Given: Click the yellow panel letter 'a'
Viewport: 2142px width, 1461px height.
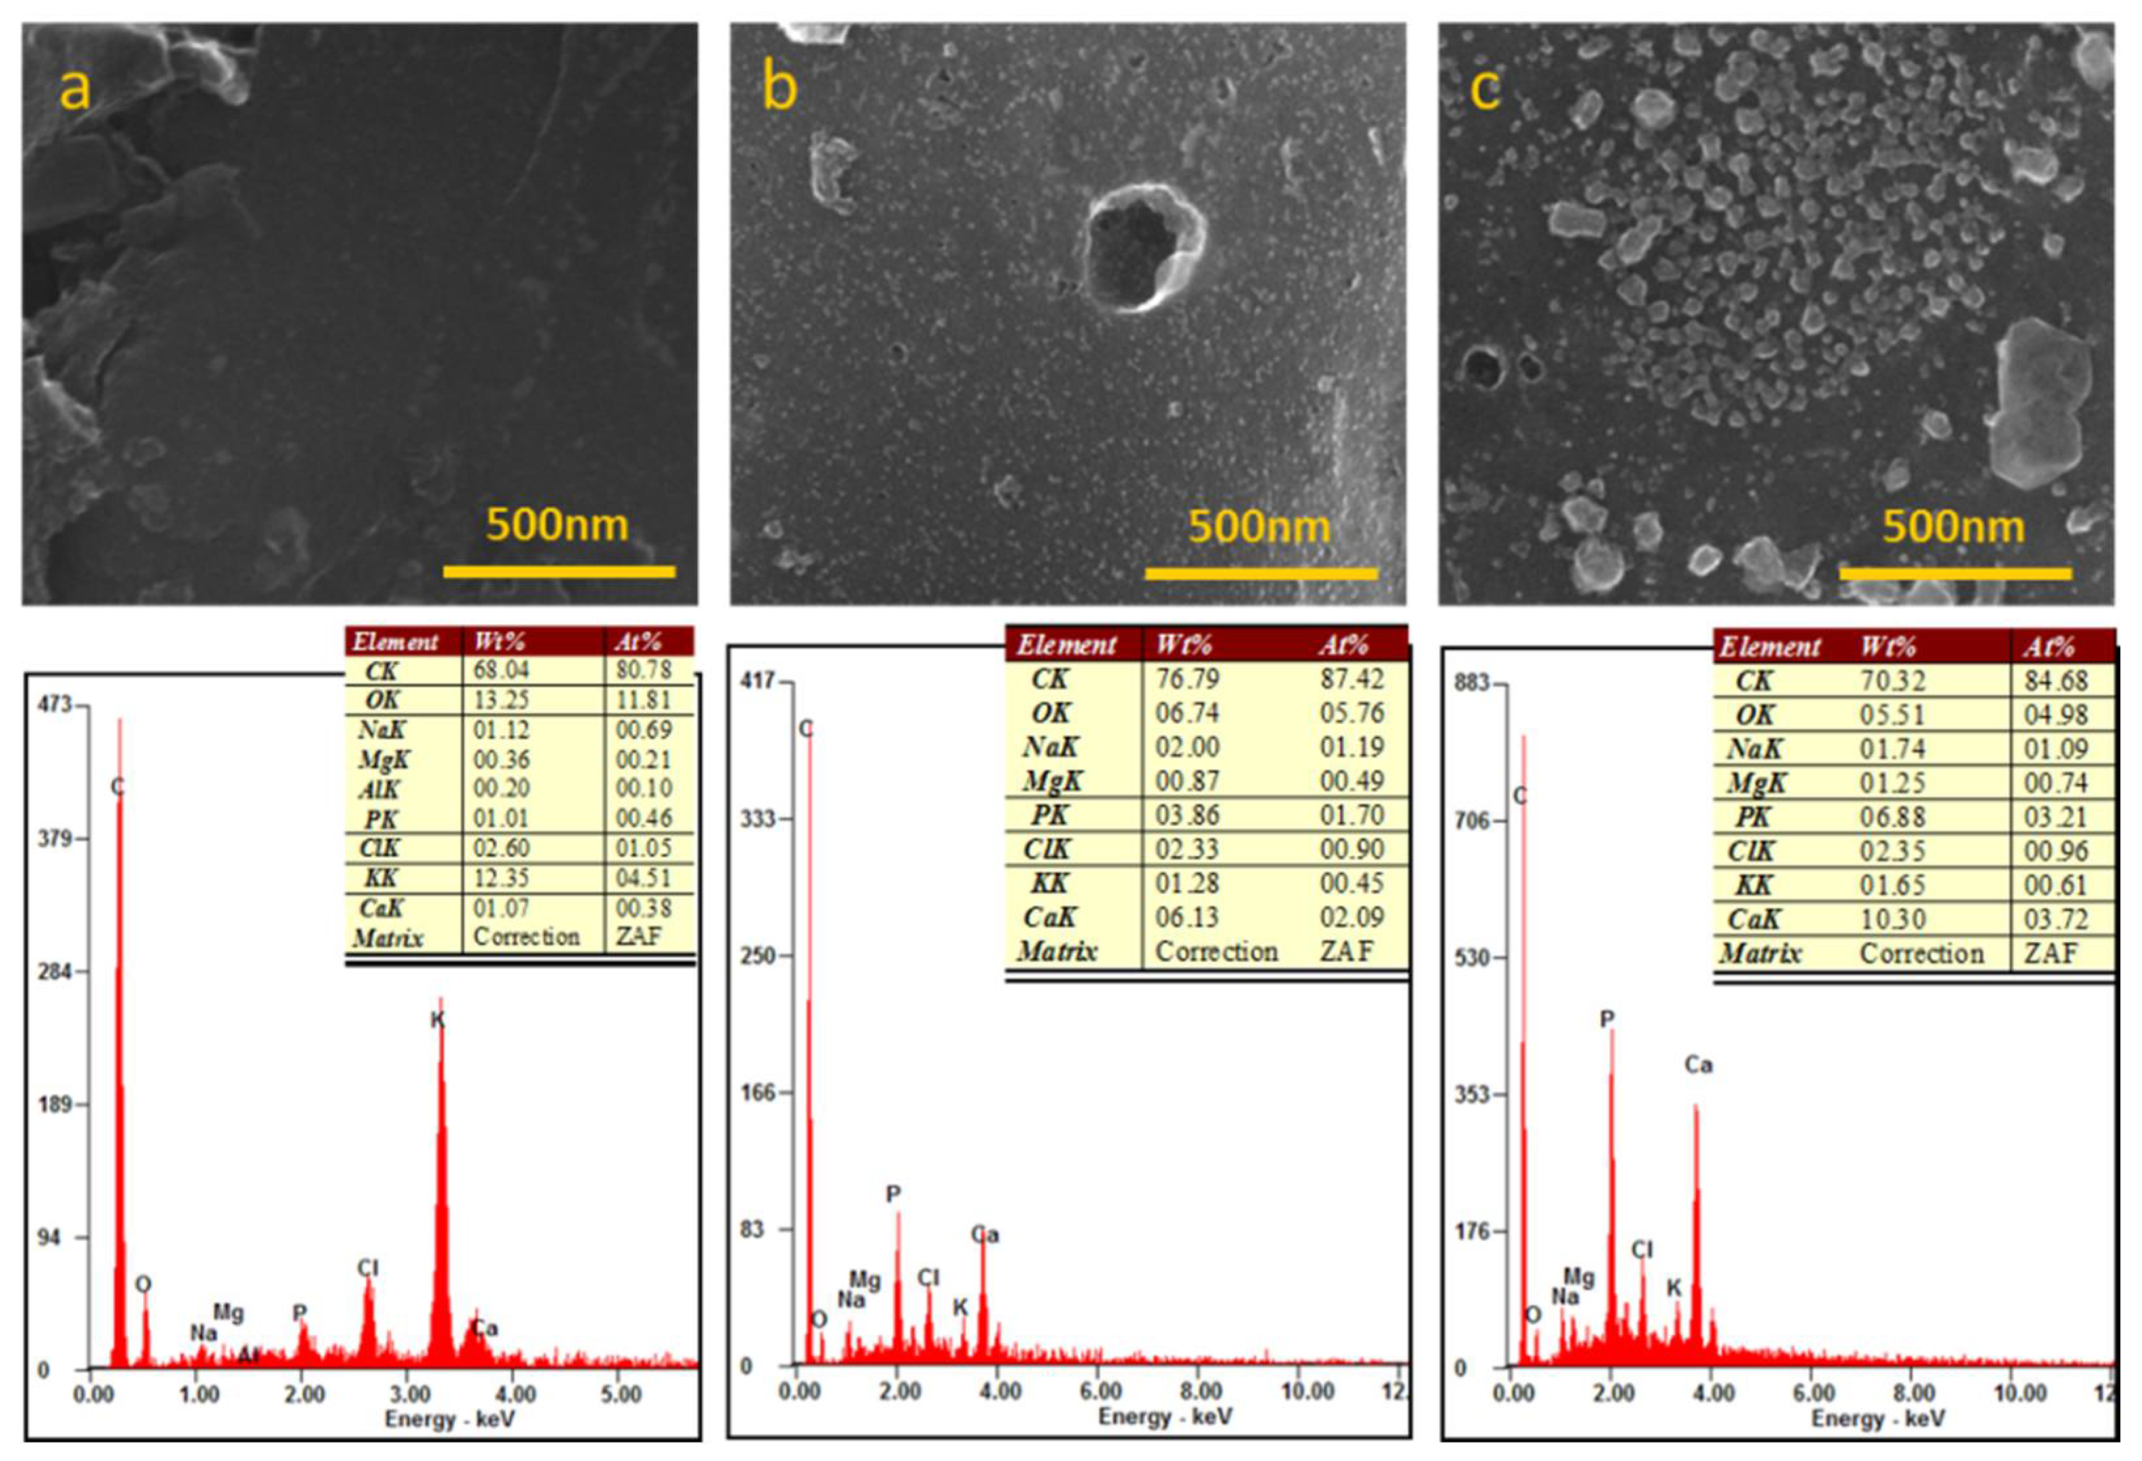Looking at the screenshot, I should pyautogui.click(x=75, y=90).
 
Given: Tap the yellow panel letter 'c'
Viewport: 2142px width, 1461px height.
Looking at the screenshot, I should pyautogui.click(x=1485, y=90).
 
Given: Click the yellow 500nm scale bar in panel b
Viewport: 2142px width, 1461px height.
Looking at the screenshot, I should pyautogui.click(x=1261, y=573).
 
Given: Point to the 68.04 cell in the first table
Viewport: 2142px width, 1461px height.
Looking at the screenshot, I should pyautogui.click(x=501, y=670).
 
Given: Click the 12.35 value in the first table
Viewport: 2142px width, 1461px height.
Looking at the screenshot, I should pyautogui.click(x=501, y=878).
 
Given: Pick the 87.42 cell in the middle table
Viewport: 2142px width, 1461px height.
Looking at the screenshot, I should pyautogui.click(x=1351, y=679).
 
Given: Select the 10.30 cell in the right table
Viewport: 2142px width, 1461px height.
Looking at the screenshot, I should pyautogui.click(x=1892, y=919).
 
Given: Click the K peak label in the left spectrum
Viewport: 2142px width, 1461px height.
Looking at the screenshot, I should pyautogui.click(x=438, y=1020).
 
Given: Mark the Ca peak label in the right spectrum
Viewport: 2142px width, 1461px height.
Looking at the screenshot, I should pyautogui.click(x=1699, y=1065).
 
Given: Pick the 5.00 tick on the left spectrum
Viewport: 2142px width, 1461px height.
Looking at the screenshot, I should pyautogui.click(x=620, y=1395).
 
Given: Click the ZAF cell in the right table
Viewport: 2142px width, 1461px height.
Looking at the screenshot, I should pyautogui.click(x=2051, y=953).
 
